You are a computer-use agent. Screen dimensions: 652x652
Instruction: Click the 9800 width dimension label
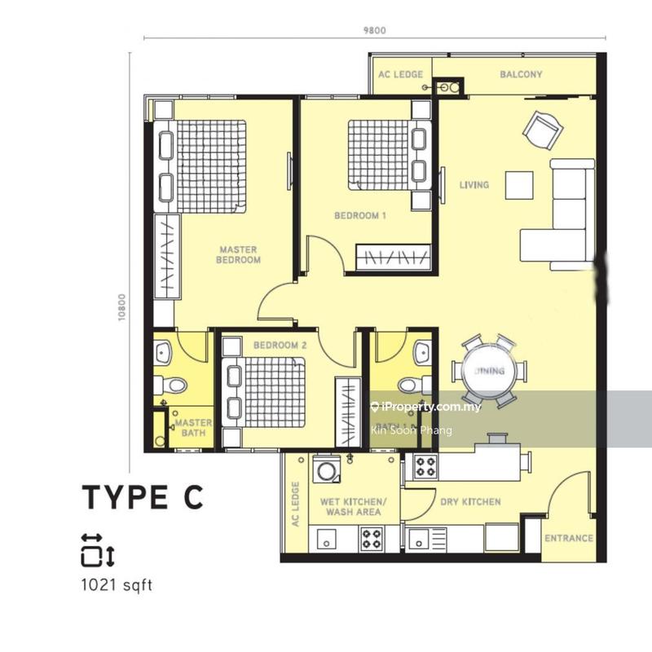[374, 31]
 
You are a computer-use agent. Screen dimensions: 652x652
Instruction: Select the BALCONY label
[521, 75]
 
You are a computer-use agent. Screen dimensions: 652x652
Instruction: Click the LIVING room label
[474, 185]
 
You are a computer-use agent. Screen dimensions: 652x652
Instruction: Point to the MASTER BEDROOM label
[238, 255]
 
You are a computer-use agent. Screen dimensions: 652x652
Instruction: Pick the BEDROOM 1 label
[360, 216]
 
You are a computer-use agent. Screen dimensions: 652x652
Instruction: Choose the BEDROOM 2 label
[280, 346]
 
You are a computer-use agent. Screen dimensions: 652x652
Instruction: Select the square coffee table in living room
[519, 185]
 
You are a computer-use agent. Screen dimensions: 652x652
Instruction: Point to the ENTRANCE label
[569, 539]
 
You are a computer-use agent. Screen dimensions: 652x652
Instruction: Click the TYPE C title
[141, 496]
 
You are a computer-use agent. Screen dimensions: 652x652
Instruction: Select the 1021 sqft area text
[117, 584]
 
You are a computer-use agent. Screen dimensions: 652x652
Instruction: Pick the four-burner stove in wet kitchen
[372, 540]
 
